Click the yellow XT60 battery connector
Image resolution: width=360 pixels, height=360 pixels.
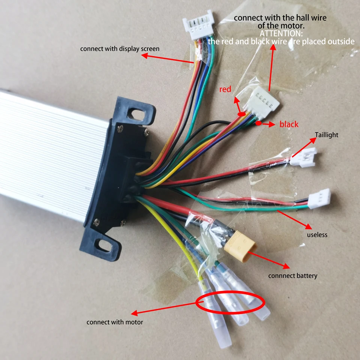[240, 247]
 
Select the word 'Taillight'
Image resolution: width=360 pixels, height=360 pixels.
[326, 135]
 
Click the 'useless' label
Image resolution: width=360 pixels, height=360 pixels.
[317, 235]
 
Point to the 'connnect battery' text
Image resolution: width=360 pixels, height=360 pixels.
[292, 276]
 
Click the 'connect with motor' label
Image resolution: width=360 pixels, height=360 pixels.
[114, 322]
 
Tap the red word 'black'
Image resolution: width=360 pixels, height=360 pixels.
[289, 124]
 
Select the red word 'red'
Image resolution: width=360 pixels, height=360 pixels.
[225, 89]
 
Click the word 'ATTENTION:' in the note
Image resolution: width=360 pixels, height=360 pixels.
[281, 33]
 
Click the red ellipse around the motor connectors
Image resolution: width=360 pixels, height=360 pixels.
[230, 303]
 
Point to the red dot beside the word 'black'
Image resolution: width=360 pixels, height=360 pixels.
[259, 123]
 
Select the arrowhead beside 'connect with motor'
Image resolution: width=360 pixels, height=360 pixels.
[134, 313]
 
